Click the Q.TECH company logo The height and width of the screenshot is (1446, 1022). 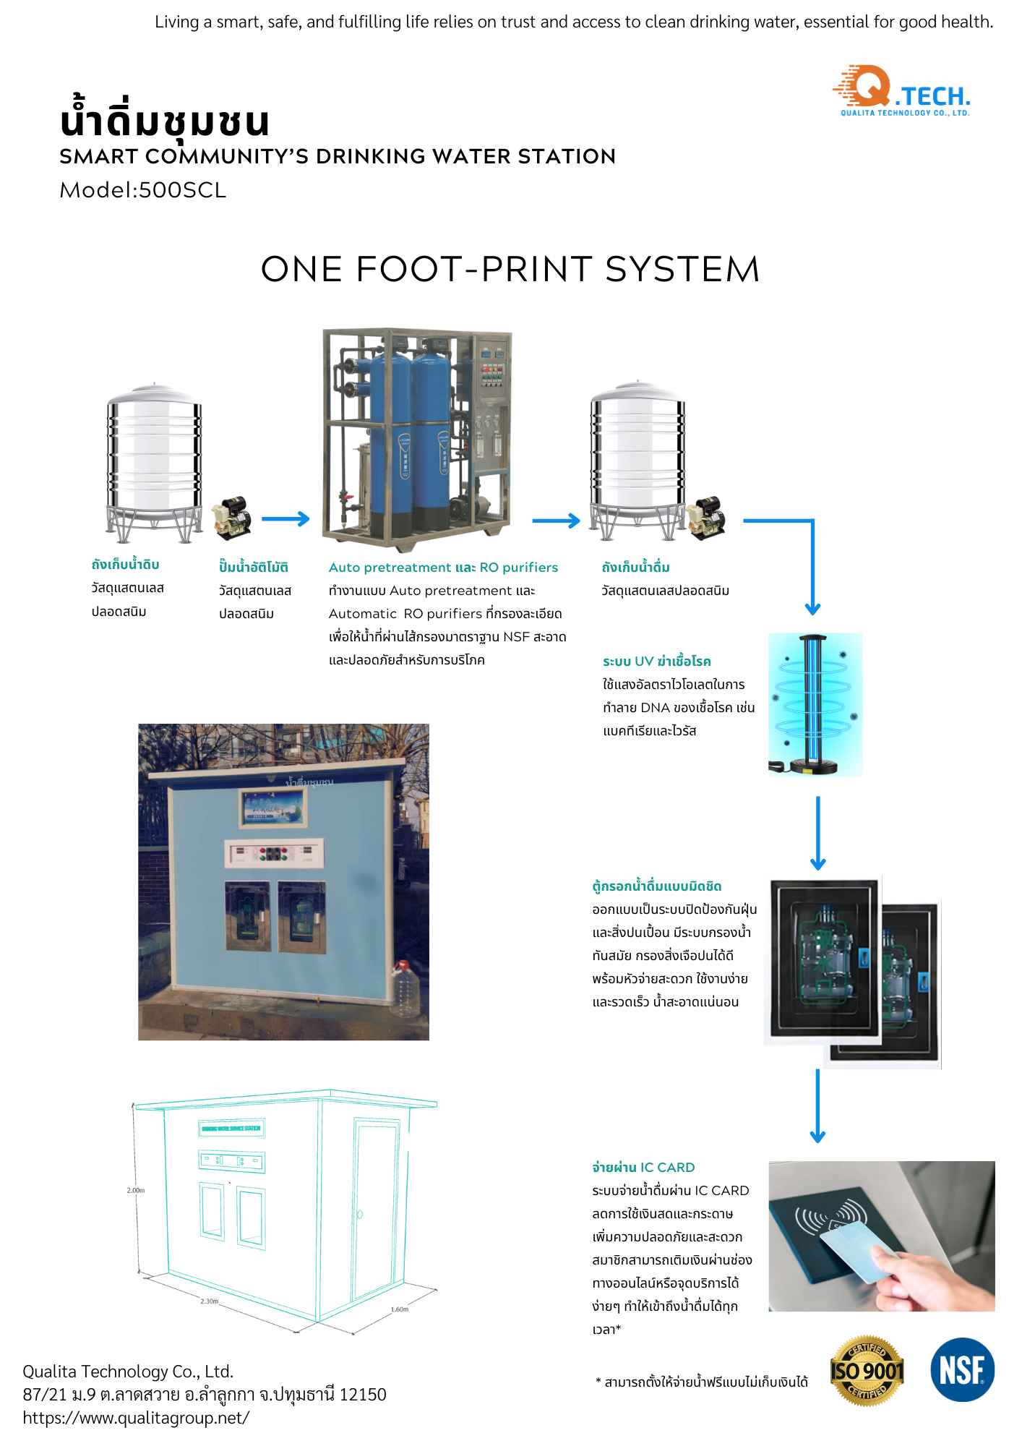point(901,91)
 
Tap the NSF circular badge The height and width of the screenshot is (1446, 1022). point(962,1369)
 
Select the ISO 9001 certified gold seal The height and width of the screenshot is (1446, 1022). point(867,1370)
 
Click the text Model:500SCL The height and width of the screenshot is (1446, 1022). point(143,190)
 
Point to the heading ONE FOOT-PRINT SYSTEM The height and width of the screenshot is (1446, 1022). point(510,269)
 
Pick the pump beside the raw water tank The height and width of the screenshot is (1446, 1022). point(233,516)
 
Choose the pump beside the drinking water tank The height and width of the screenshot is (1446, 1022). point(706,518)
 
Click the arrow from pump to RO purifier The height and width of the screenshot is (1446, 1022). point(285,519)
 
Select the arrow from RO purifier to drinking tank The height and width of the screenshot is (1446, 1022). point(556,521)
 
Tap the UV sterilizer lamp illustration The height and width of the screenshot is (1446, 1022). point(815,703)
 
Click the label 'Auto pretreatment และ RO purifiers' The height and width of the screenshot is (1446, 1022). point(443,568)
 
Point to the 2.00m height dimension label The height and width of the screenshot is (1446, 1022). point(136,1190)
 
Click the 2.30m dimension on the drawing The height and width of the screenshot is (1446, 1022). point(209,1301)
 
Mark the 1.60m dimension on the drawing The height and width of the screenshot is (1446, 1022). point(400,1309)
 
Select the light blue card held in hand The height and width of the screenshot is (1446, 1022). point(860,1252)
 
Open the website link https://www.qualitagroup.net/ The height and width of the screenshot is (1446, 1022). point(136,1418)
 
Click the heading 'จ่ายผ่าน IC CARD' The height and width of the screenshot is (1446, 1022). point(643,1167)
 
